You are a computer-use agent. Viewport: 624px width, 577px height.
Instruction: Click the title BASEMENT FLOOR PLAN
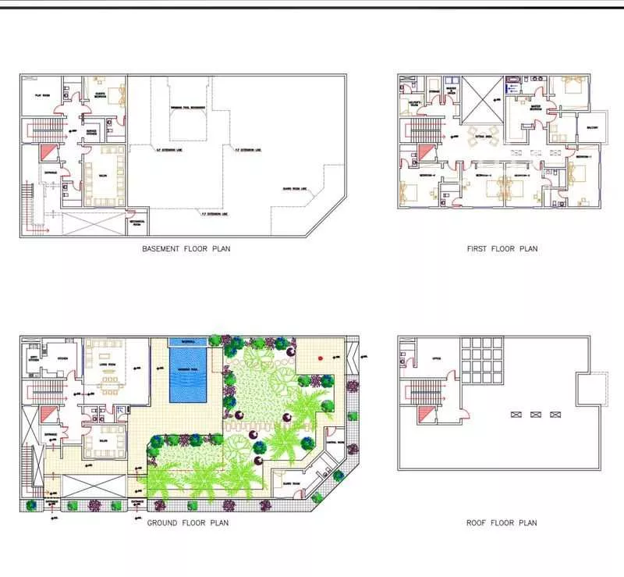(186, 249)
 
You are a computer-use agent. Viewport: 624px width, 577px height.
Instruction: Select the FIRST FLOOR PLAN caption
(502, 249)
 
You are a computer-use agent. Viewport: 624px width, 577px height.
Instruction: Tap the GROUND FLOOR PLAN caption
(187, 522)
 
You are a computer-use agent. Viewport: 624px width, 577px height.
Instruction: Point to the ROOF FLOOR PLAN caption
(502, 522)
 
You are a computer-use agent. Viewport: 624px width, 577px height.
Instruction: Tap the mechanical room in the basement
(137, 223)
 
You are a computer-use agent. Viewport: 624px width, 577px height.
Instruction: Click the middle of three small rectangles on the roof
(534, 414)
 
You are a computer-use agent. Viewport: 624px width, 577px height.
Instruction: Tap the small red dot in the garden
(319, 358)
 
